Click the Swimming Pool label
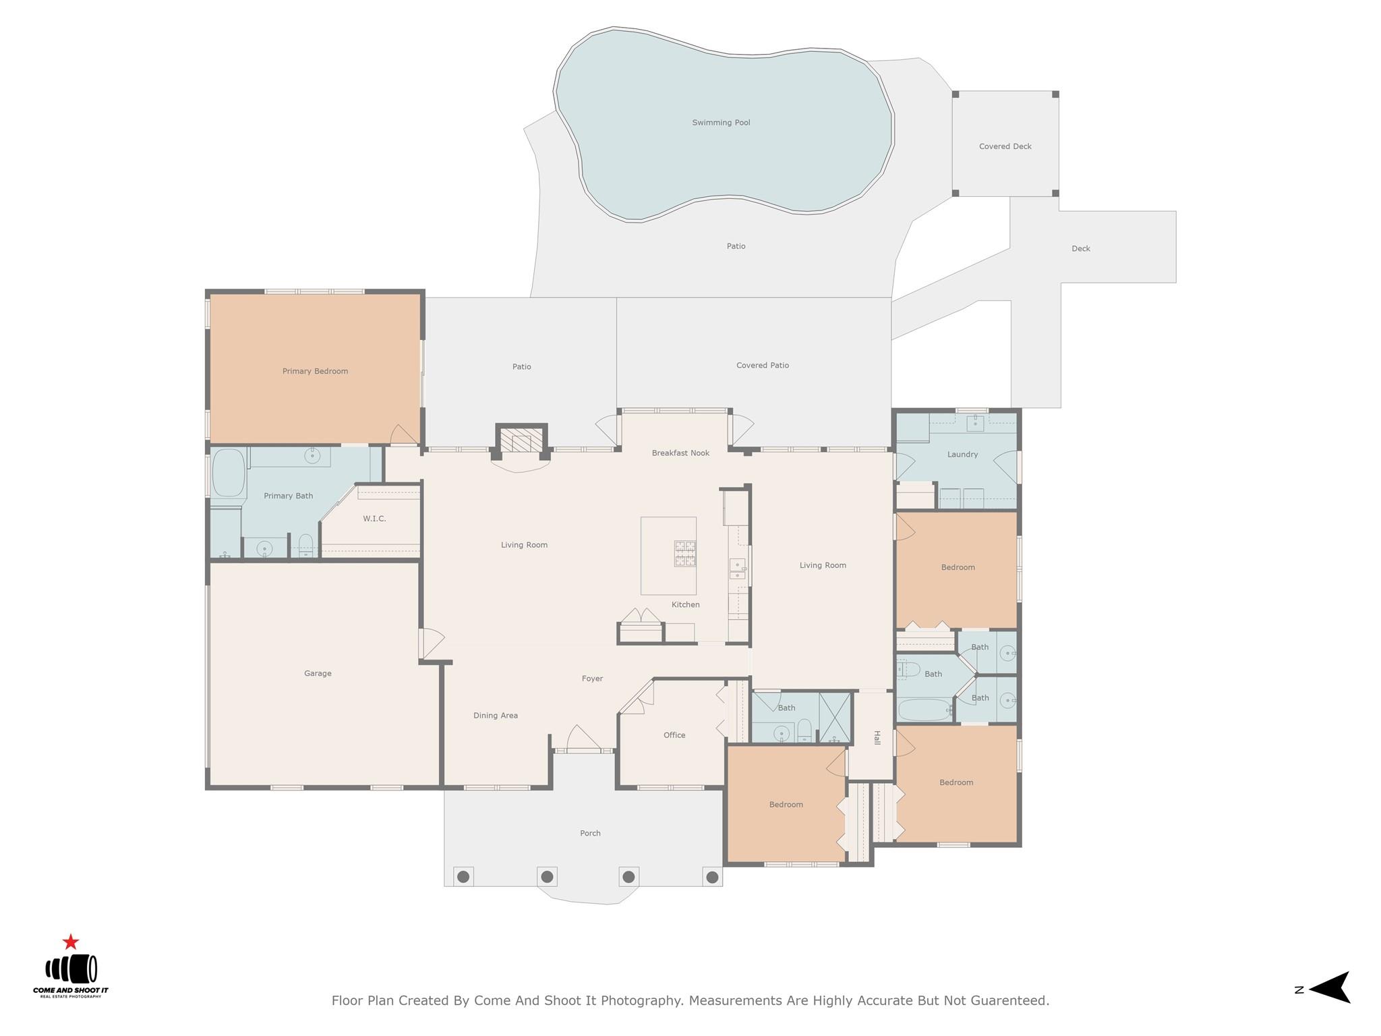721,123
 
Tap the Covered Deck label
1005,146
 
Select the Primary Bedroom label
315,371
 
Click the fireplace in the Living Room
521,442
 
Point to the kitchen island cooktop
684,554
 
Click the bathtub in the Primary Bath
229,473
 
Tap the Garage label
318,673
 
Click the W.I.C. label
374,519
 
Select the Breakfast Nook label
680,453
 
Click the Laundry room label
962,455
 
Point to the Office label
674,735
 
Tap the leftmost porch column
463,877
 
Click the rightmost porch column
711,877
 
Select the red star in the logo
71,942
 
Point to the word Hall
877,738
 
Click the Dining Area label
496,716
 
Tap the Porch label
590,834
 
